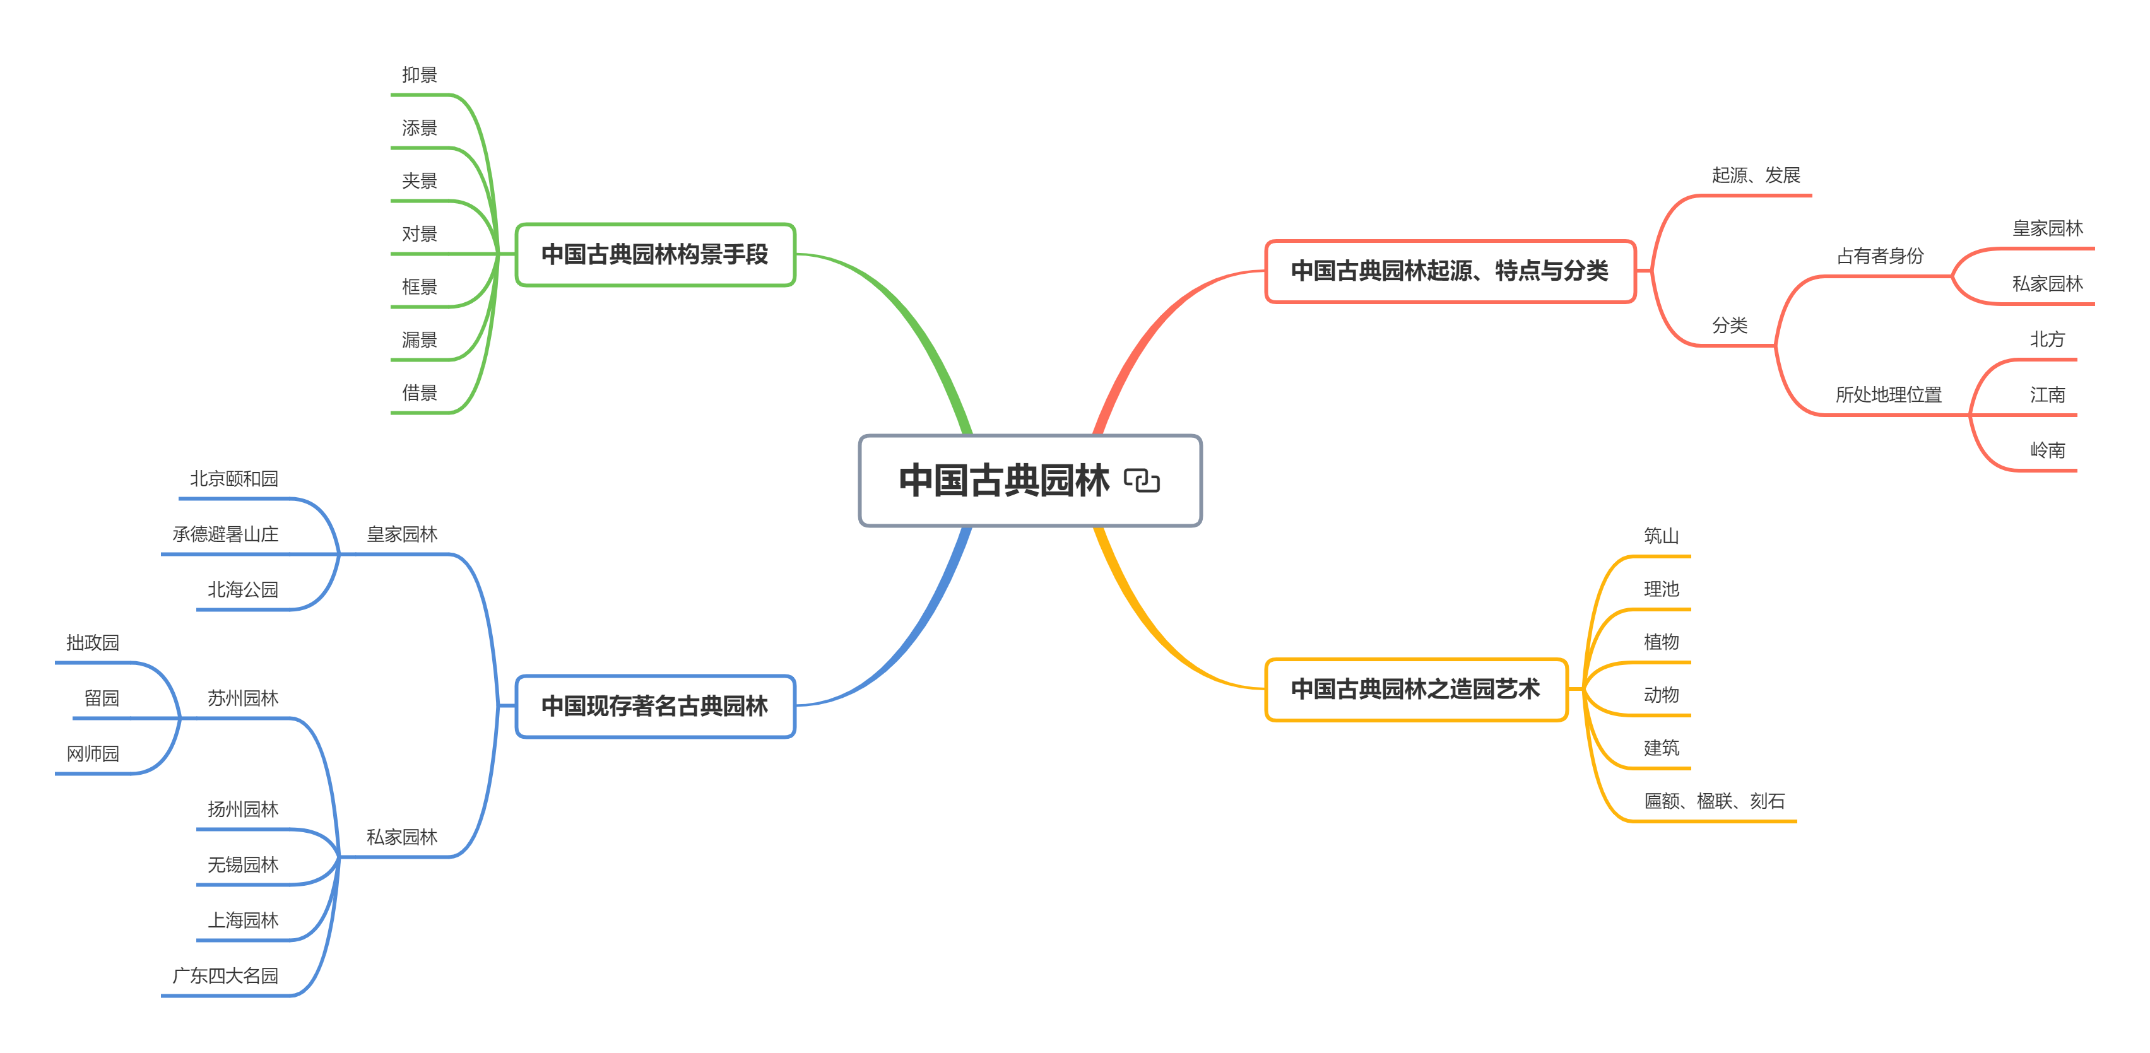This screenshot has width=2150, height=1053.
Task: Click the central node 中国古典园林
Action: click(1004, 481)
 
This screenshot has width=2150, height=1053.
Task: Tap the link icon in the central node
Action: click(1141, 481)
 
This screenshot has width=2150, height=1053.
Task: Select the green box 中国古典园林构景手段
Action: click(654, 254)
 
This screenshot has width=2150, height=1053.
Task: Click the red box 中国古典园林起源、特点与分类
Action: click(1449, 271)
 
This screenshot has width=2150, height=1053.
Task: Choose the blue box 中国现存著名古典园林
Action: click(654, 706)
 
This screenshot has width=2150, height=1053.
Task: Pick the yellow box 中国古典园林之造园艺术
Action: click(1415, 689)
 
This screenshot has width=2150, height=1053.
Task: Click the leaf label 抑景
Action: click(419, 75)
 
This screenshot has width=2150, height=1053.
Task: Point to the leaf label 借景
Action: click(419, 393)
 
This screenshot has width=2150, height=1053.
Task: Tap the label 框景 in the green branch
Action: click(419, 287)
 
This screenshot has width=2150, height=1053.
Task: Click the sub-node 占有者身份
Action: click(1879, 256)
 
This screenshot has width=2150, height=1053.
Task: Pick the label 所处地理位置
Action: click(1888, 395)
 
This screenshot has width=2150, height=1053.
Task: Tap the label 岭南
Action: click(2047, 450)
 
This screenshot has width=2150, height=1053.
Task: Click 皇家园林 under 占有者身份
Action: click(2047, 228)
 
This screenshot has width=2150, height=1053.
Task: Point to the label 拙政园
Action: click(93, 642)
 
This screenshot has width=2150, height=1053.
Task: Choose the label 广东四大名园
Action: click(225, 975)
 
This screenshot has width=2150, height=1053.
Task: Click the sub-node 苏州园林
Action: click(242, 698)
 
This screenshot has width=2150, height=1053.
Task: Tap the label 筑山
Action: click(1660, 536)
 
